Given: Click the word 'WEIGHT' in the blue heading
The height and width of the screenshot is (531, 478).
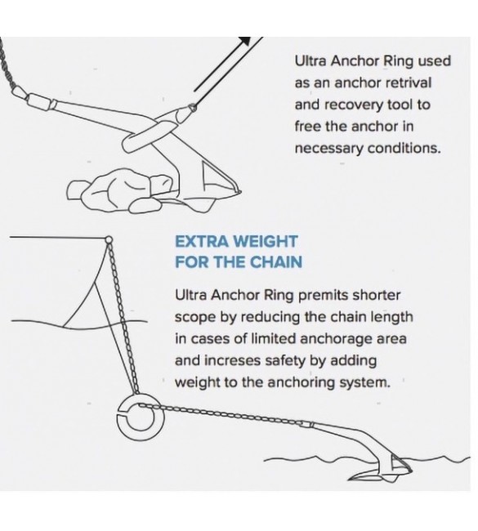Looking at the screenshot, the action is (266, 242).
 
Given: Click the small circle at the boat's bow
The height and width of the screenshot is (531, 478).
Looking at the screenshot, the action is (109, 239).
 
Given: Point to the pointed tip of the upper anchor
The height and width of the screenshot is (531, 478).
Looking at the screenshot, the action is (240, 192).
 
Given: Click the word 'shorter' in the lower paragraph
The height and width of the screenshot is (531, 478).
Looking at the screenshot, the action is (377, 296).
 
